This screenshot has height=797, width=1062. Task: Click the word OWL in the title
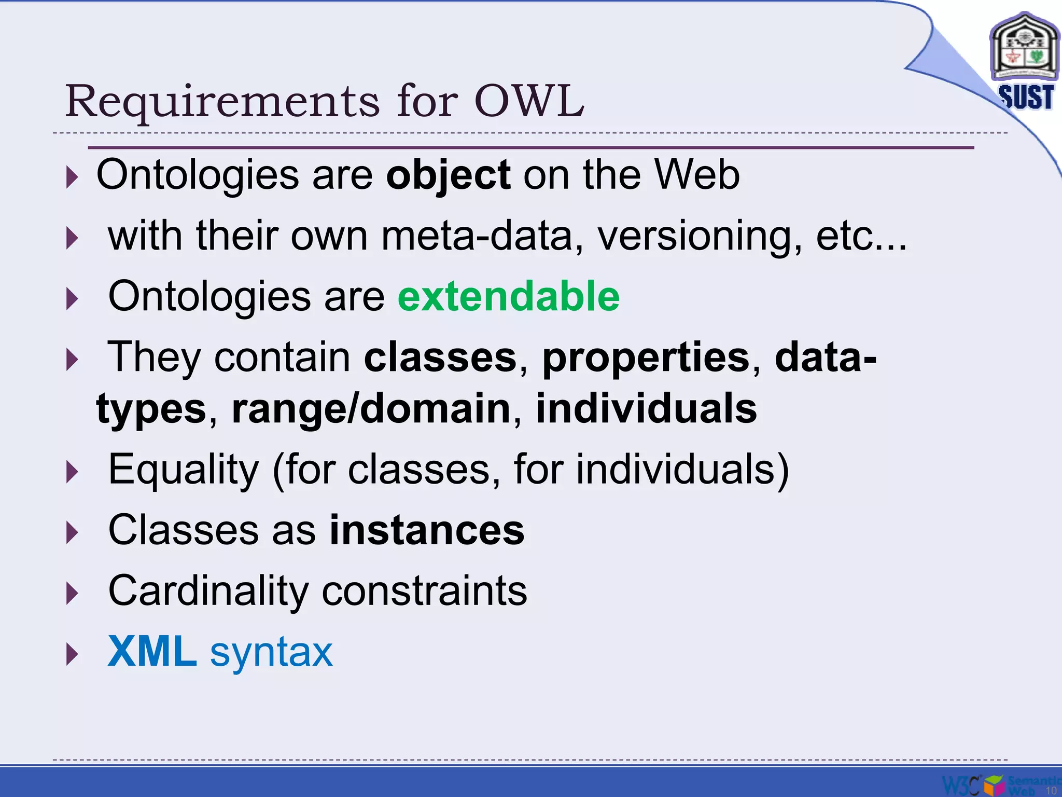coord(529,101)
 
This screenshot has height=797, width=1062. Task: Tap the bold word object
coord(449,175)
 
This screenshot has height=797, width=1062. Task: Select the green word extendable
coord(509,296)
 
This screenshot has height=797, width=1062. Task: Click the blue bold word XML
coord(152,652)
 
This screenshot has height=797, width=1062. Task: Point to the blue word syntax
coord(271,653)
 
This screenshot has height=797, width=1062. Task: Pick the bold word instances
coord(427,530)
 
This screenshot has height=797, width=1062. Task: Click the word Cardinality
coord(208,592)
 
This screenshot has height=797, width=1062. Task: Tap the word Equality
coord(183,470)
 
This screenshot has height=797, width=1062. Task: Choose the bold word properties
coord(646,358)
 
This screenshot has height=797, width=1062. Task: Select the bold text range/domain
coord(371,409)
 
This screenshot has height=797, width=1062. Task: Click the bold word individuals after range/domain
coord(646,409)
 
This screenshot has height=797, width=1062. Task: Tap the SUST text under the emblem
coord(1026,97)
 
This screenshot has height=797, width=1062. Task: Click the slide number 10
coord(1051,790)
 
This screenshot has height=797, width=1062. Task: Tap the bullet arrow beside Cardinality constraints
coord(73,593)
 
